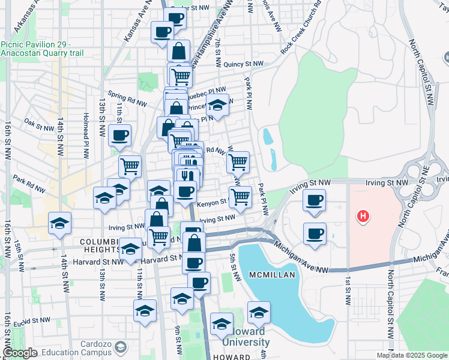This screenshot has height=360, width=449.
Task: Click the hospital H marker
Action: click(362, 216)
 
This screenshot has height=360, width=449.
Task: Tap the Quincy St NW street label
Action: click(240, 64)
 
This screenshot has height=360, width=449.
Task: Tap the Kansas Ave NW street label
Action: click(136, 25)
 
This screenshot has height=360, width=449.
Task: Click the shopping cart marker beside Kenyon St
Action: click(241, 196)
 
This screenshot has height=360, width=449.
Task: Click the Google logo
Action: click(20, 353)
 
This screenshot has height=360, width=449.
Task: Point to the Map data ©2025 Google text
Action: click(411, 355)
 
